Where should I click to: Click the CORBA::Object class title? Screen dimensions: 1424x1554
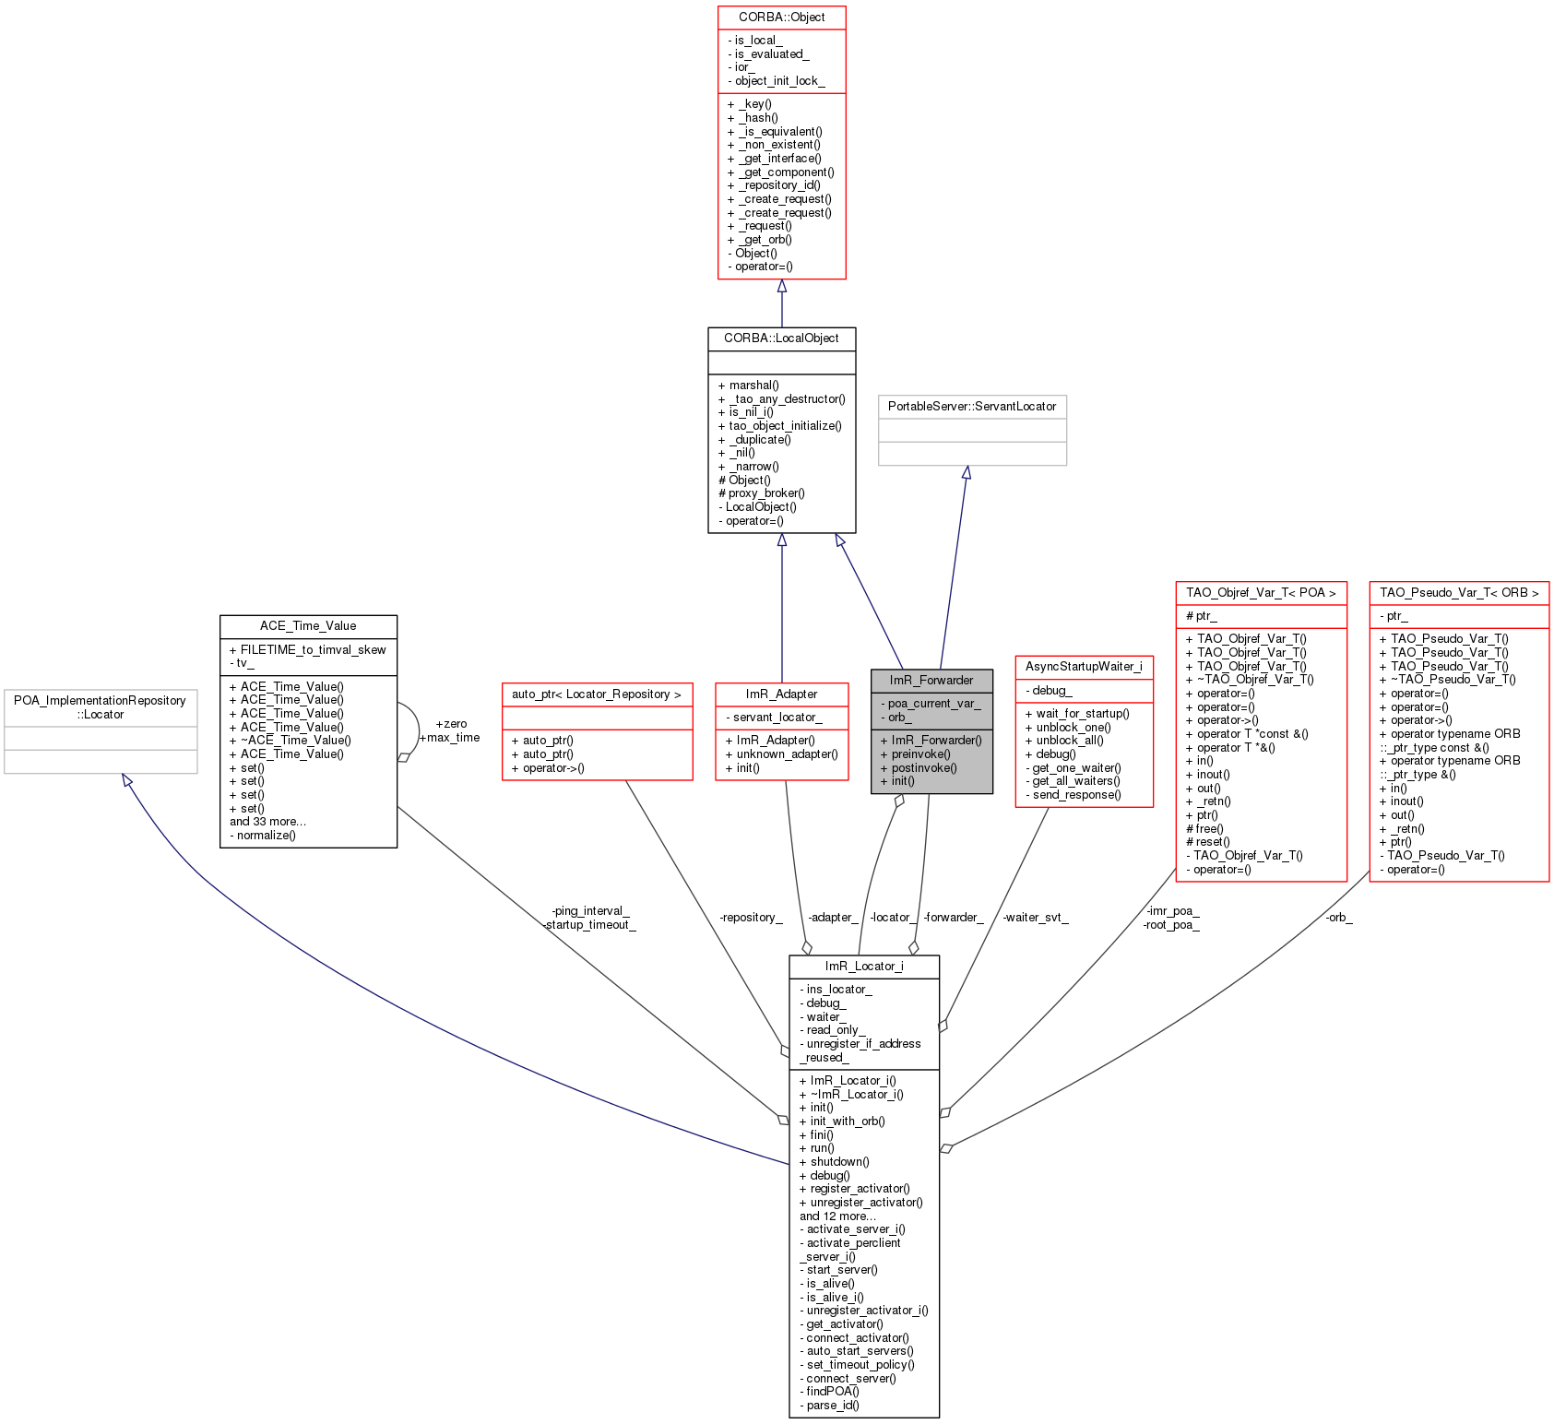[x=781, y=18]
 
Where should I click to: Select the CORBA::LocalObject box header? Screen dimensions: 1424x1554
[x=781, y=338]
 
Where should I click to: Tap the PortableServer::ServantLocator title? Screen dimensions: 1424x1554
[x=972, y=407]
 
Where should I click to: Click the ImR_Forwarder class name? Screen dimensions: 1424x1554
[x=931, y=681]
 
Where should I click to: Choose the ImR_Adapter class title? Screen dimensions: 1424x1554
[x=781, y=694]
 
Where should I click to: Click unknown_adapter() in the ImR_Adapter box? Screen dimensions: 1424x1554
[x=787, y=754]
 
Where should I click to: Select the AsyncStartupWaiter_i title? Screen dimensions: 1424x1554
[x=1084, y=667]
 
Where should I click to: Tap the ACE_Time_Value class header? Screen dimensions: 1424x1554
[x=308, y=626]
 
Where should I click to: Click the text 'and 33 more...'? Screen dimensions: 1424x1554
[x=267, y=822]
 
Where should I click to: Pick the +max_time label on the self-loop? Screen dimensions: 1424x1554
[x=450, y=738]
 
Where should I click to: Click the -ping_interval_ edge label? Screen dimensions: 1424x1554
[x=590, y=911]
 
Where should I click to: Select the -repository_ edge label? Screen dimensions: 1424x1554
[x=751, y=918]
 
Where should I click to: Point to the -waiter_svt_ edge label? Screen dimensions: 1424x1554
[x=1036, y=918]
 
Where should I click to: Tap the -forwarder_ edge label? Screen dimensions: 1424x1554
[x=954, y=918]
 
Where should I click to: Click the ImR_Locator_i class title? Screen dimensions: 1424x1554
[x=864, y=967]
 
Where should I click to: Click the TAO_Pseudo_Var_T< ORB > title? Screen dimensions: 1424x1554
[x=1459, y=593]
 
